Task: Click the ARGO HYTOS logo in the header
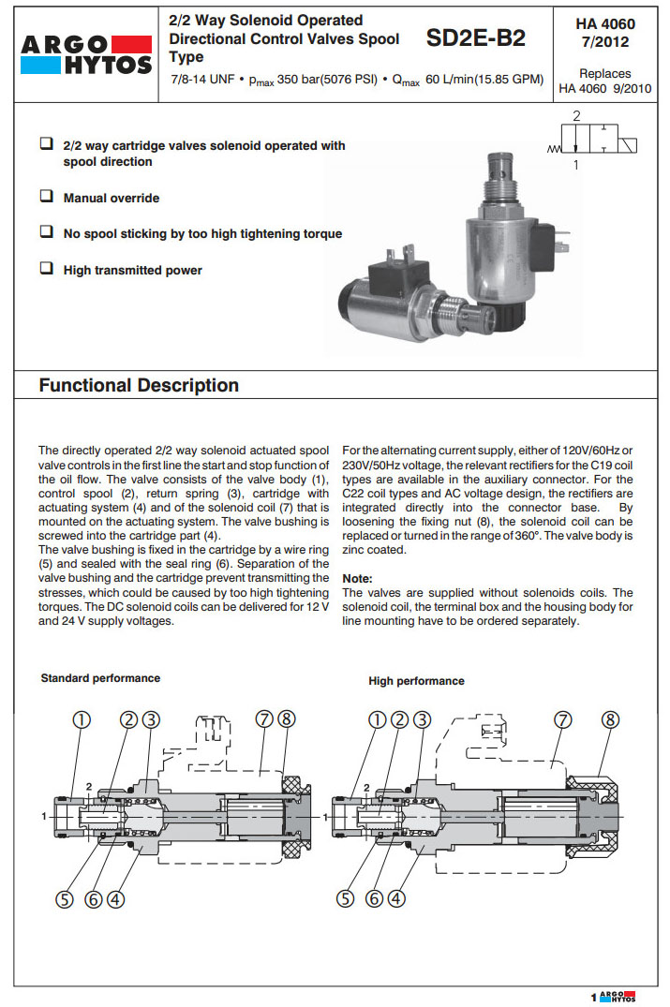tap(86, 54)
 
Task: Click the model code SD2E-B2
tap(475, 38)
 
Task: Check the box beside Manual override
tap(45, 198)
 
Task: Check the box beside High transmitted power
tap(45, 269)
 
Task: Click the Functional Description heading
tap(139, 385)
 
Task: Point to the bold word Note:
tap(358, 579)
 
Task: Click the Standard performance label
tap(100, 678)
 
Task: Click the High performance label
tap(416, 681)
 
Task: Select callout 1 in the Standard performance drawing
tap(82, 718)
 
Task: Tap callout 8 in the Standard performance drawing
tap(287, 718)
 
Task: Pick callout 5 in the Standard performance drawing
tap(65, 898)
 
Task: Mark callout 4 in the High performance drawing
tap(396, 898)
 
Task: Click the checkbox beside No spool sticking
tap(45, 232)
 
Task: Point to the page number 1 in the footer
tap(593, 997)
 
